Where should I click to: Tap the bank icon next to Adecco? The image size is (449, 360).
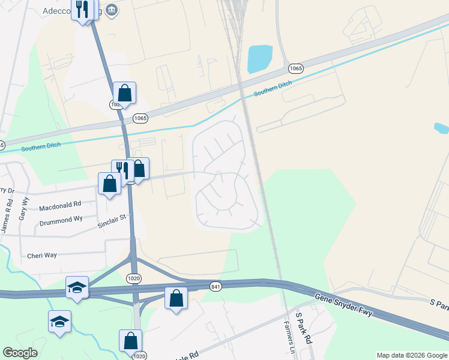112,10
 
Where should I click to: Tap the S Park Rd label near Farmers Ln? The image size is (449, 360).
304,328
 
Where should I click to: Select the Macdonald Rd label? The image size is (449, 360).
60,207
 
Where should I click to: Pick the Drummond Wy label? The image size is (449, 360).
61,220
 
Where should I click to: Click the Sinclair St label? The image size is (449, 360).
113,225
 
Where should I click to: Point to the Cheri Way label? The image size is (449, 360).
42,255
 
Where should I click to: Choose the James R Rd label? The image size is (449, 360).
7,217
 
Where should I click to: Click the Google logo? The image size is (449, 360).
20,353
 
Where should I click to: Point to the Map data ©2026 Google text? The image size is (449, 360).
411,355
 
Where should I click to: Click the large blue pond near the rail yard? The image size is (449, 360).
260,59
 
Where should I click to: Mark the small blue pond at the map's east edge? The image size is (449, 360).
441,128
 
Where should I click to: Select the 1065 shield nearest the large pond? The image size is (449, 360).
295,68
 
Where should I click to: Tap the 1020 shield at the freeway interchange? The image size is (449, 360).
133,278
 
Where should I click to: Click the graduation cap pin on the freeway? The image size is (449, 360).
77,287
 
